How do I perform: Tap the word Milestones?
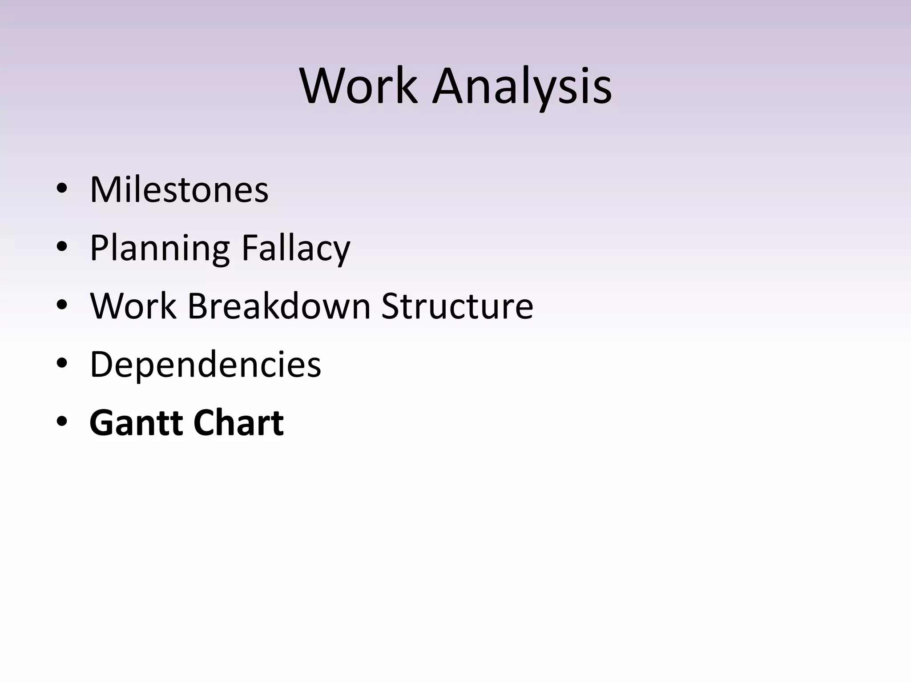[x=179, y=190]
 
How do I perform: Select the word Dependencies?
[x=205, y=364]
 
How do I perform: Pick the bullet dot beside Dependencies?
[x=62, y=363]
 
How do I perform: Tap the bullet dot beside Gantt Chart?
[x=62, y=422]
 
